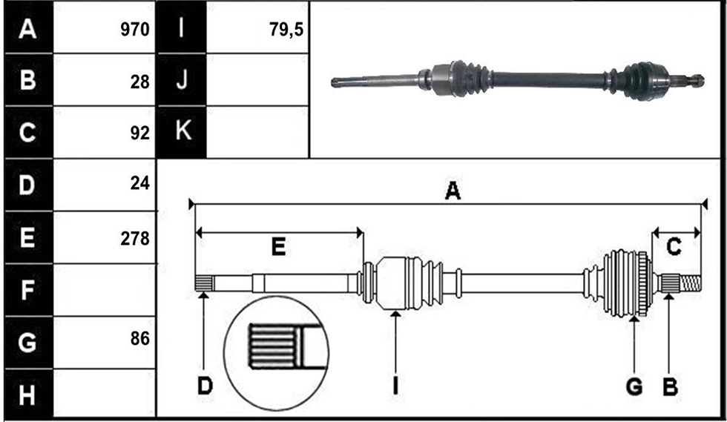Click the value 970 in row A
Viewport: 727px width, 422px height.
point(135,30)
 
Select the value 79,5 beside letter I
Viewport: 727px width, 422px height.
point(286,30)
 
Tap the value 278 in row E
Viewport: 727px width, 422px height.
point(135,239)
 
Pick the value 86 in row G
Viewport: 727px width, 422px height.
point(139,339)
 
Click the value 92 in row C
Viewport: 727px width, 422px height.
point(139,133)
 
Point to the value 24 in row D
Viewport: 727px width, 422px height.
point(139,184)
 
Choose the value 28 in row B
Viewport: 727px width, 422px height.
point(139,82)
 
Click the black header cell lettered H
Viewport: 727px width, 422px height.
point(28,395)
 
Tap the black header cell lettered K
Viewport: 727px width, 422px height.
point(182,132)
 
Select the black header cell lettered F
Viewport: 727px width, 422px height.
point(28,290)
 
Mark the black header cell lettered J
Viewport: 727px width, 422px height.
point(182,80)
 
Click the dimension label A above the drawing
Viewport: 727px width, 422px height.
point(453,191)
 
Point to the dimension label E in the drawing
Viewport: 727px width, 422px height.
point(278,246)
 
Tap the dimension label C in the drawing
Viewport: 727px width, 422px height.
point(674,246)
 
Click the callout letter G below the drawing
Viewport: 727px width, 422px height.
point(634,386)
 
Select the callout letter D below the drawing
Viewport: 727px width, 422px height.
point(205,386)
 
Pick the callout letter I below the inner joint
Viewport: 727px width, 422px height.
point(395,386)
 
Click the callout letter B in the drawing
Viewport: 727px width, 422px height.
point(671,386)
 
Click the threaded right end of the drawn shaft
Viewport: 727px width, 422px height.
point(691,283)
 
